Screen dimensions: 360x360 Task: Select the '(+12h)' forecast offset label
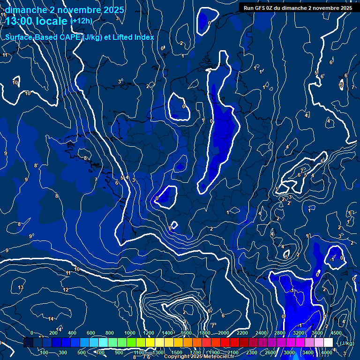pyautogui.click(x=81, y=21)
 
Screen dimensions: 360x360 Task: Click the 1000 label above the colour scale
pyautogui.click(x=130, y=333)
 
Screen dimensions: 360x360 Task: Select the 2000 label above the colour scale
pyautogui.click(x=224, y=333)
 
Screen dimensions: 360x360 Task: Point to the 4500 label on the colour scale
pyautogui.click(x=336, y=333)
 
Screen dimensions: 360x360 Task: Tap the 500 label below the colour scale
pyautogui.click(x=82, y=352)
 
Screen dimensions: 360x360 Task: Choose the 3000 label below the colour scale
pyautogui.click(x=289, y=352)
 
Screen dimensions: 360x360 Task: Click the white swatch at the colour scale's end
pyautogui.click(x=328, y=343)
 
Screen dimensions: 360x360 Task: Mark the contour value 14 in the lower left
pyautogui.click(x=51, y=319)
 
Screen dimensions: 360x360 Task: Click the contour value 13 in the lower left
pyautogui.click(x=21, y=287)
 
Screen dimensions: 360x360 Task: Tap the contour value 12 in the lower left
pyautogui.click(x=66, y=290)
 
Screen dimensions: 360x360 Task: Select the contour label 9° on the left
pyautogui.click(x=31, y=236)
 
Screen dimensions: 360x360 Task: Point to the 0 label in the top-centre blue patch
pyautogui.click(x=209, y=22)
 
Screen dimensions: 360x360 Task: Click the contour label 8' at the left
pyautogui.click(x=36, y=165)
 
